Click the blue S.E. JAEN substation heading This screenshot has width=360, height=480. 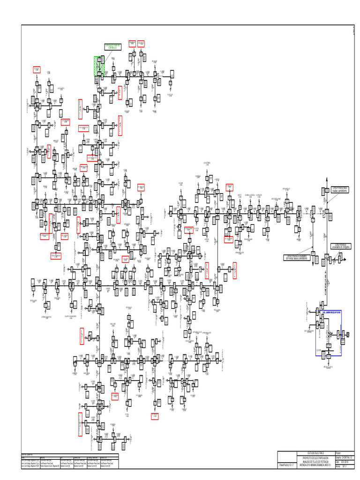[x=330, y=312]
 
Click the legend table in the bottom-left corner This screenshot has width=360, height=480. [x=71, y=461]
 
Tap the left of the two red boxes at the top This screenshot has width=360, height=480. [x=132, y=44]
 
